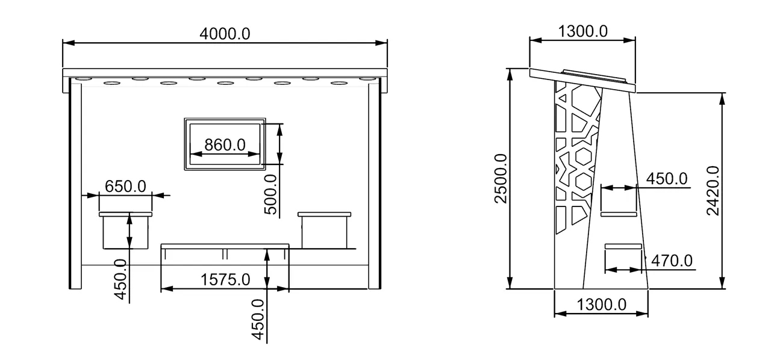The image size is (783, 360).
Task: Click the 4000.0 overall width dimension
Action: pyautogui.click(x=224, y=34)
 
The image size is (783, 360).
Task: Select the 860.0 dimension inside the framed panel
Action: pyautogui.click(x=225, y=145)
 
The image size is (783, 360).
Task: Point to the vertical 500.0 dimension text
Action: pyautogui.click(x=270, y=194)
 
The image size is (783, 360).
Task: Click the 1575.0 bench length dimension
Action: pyautogui.click(x=225, y=280)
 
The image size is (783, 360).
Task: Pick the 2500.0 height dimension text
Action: pyautogui.click(x=501, y=178)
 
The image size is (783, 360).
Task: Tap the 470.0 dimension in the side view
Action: pyautogui.click(x=672, y=261)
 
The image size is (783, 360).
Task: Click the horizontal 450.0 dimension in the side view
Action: pyautogui.click(x=666, y=179)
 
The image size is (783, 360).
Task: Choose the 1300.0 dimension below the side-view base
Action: pyautogui.click(x=602, y=305)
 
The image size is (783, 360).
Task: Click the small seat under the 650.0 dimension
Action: pyautogui.click(x=126, y=231)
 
